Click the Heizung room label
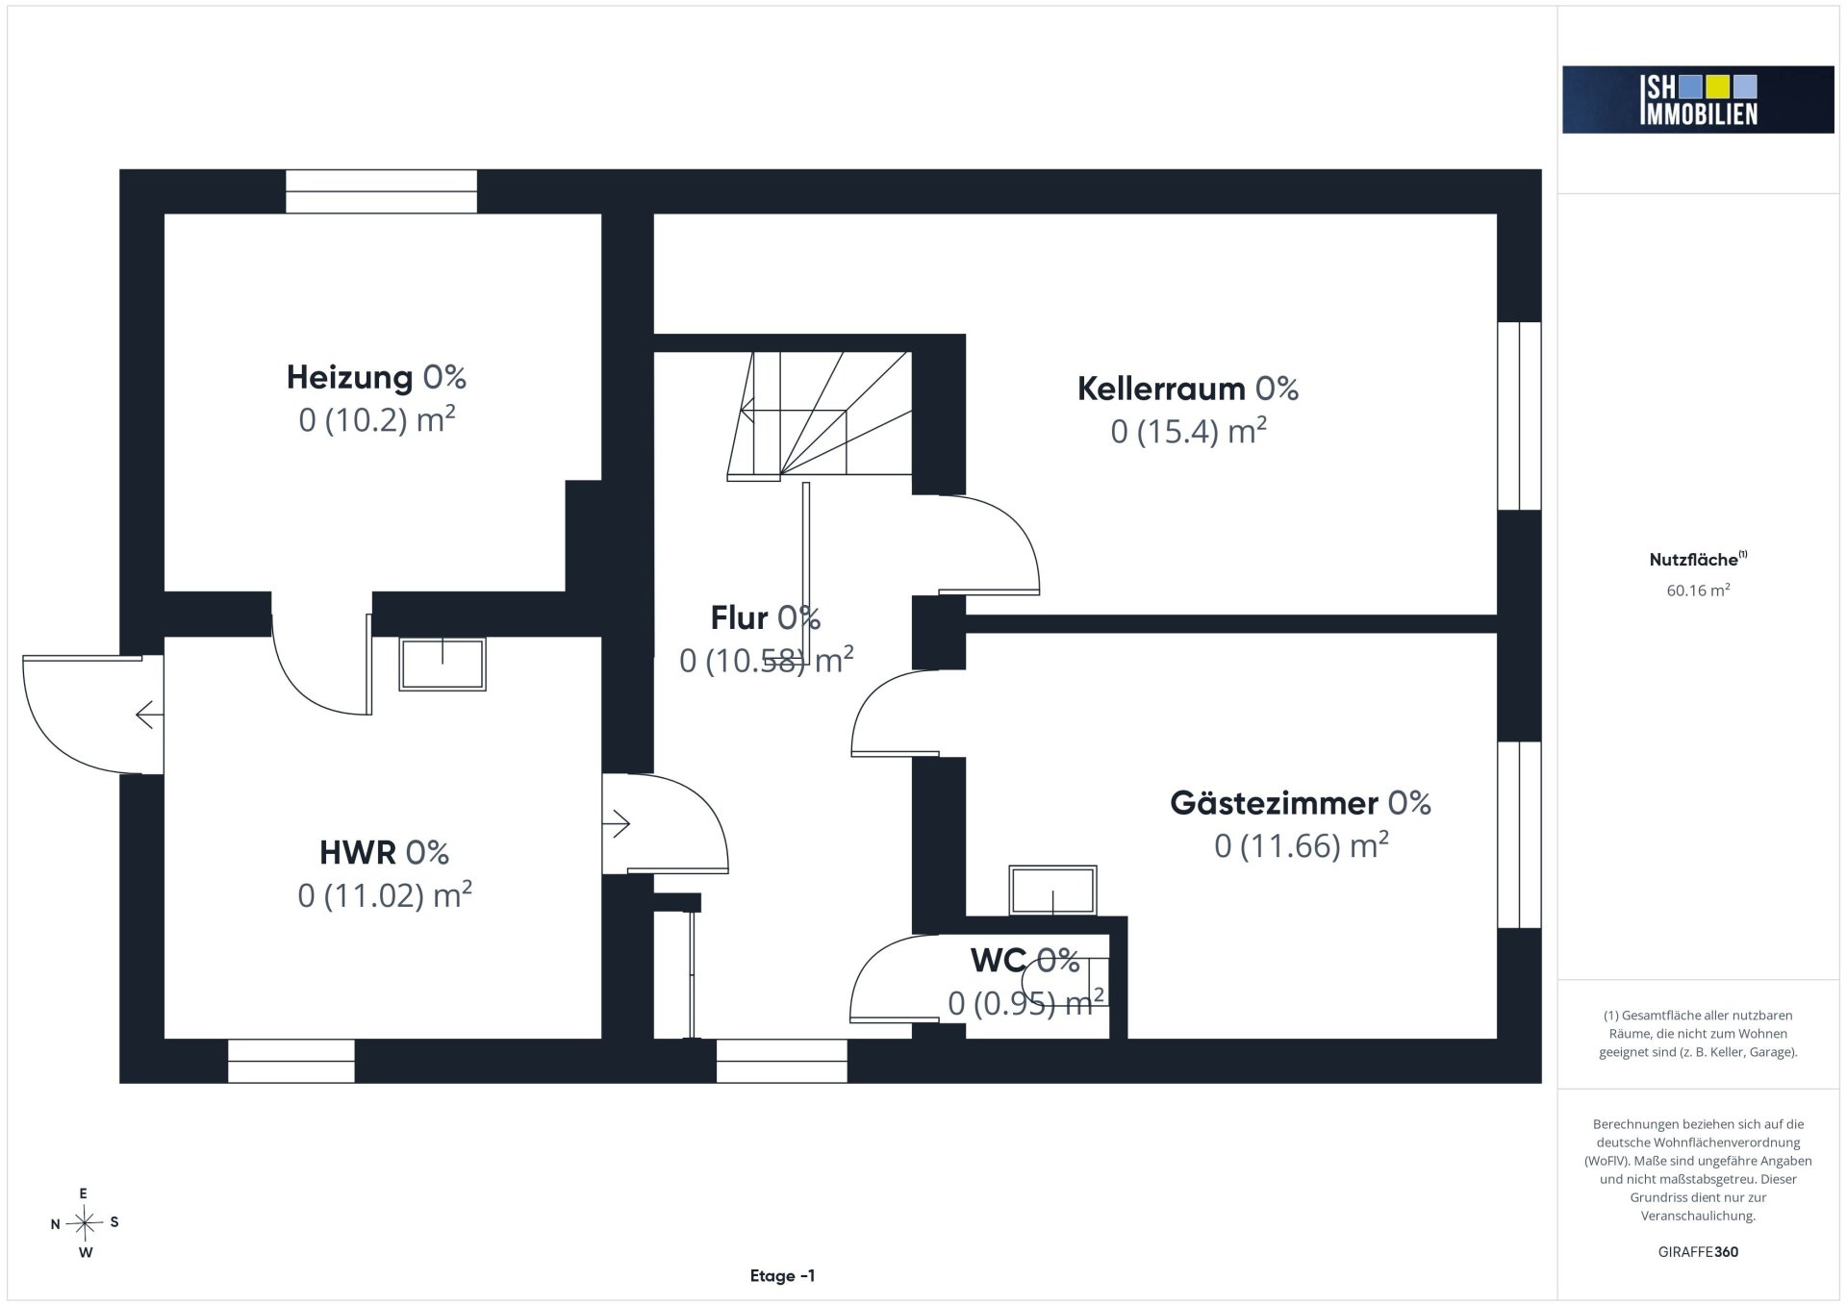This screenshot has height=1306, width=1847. point(350,377)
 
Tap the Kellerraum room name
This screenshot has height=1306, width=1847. point(1161,389)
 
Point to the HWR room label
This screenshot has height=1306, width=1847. point(358,852)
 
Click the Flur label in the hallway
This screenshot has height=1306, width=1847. point(739,617)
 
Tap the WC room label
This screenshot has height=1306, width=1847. point(998,960)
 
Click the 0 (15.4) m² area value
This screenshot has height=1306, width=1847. point(1188,431)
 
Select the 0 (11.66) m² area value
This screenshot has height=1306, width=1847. point(1301,845)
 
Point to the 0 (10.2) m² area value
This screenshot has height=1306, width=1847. point(376,420)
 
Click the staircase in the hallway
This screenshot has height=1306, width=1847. point(820,414)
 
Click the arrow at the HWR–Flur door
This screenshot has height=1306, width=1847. point(616,824)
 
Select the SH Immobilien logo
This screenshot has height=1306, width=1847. point(1698,99)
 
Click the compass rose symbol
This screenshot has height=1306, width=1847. point(85,1223)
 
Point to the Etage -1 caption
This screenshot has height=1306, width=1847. point(782,1276)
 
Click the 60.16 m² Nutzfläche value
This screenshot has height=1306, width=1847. point(1698,590)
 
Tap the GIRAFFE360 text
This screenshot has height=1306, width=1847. point(1698,1252)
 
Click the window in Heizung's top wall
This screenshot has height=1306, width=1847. point(381,191)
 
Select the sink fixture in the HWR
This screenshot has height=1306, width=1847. point(443,664)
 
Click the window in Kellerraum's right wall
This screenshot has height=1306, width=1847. point(1519,415)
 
